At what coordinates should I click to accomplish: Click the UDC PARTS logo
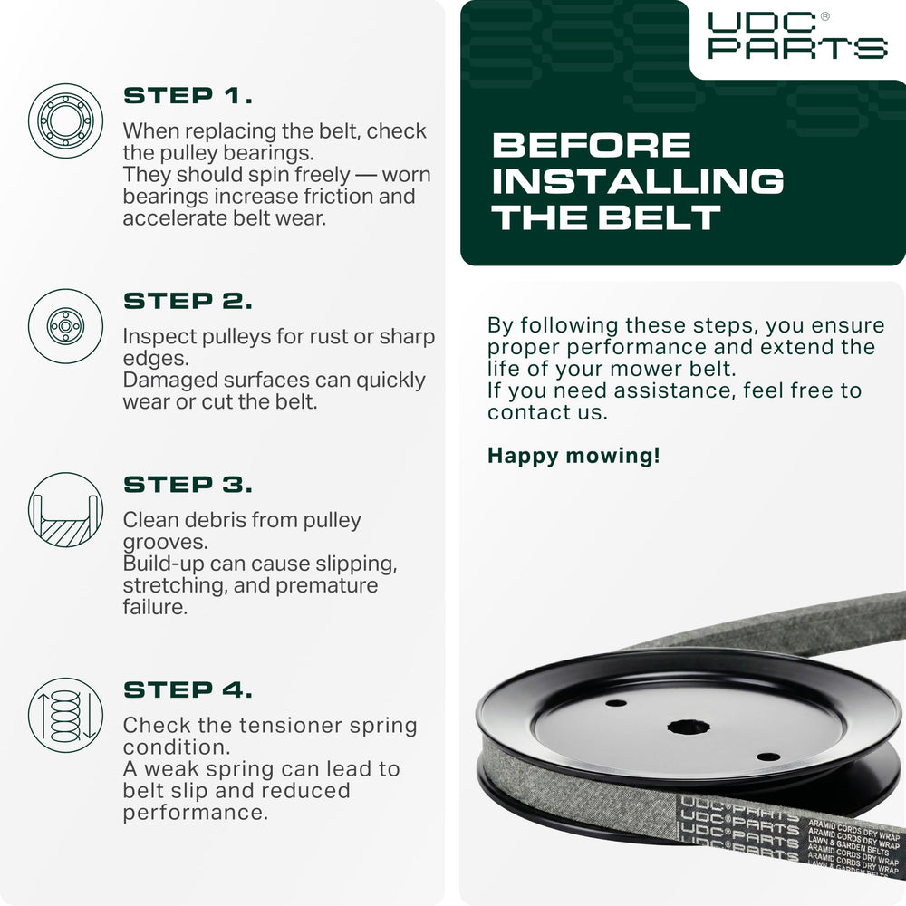tap(798, 36)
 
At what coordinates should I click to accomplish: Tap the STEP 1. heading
tap(188, 96)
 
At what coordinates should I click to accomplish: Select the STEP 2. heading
tap(188, 301)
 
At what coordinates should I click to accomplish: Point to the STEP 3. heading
tap(188, 485)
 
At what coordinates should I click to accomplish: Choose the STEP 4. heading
tap(188, 689)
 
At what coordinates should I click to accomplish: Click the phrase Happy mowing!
tap(573, 456)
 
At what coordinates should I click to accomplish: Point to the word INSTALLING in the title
tap(638, 181)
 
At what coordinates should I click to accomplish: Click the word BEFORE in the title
tap(592, 145)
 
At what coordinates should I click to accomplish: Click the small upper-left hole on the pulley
tap(615, 703)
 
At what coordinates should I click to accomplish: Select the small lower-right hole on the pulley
tap(768, 757)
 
